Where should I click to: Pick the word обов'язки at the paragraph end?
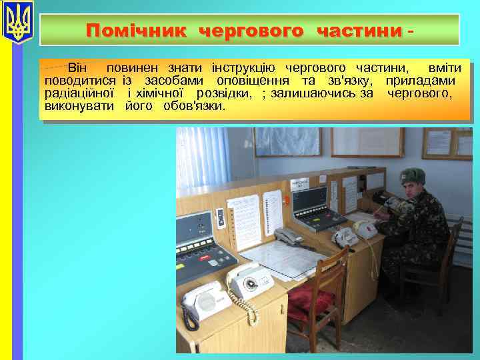coord(194,106)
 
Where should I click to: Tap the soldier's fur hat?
coord(412,176)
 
